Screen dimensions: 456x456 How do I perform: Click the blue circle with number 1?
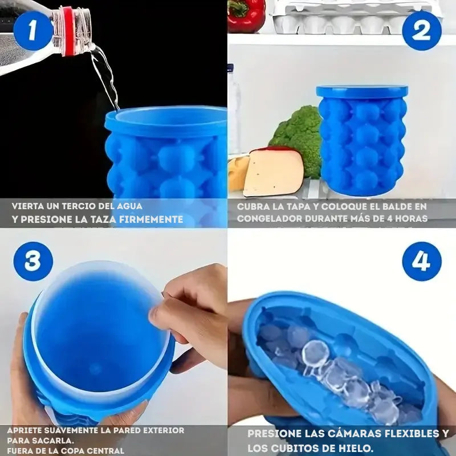point(33,31)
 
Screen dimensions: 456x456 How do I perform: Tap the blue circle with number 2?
point(422,31)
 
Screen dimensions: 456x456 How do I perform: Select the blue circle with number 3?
point(33,261)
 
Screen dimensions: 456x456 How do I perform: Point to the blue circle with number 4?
point(422,261)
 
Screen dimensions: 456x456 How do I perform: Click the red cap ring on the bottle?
point(69,31)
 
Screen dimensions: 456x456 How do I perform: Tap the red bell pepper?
point(246,15)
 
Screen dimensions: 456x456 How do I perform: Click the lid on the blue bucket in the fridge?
point(362,92)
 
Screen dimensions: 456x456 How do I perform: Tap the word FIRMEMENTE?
point(151,219)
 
